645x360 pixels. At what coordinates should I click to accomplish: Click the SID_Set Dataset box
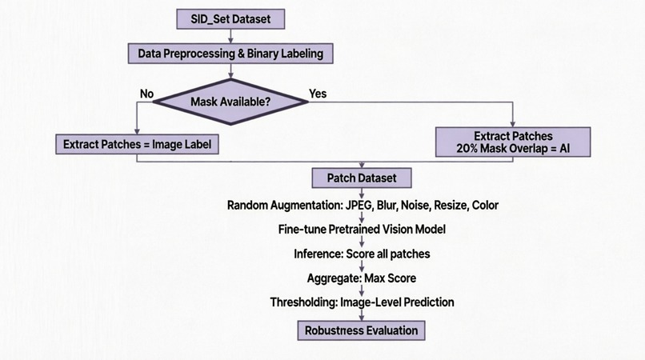230,19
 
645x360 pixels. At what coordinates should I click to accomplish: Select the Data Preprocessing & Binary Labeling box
230,54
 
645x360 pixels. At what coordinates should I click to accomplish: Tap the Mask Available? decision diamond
230,102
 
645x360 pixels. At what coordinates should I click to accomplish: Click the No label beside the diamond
147,94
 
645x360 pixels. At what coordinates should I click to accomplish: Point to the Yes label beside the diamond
318,94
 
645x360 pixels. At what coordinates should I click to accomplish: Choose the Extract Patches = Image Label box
137,145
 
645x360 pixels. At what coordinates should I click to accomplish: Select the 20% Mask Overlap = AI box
513,142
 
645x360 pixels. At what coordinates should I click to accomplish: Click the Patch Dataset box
362,178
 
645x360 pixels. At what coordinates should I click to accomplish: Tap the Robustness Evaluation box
361,330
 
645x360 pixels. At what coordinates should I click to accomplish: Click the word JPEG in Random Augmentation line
359,205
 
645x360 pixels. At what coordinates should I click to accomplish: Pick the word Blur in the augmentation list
387,205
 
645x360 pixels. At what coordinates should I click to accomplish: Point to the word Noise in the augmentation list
415,205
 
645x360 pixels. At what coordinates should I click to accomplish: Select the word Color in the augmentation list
485,205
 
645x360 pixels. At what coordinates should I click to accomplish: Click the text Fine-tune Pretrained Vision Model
362,229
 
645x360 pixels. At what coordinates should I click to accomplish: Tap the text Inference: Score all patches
362,254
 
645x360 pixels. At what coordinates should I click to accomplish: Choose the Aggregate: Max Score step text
362,278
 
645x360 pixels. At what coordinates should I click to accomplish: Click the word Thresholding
303,302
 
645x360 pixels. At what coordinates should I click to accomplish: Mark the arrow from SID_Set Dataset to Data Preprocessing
230,36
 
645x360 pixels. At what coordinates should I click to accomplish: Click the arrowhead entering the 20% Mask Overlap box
512,124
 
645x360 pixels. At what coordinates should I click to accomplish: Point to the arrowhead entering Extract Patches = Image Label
137,131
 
